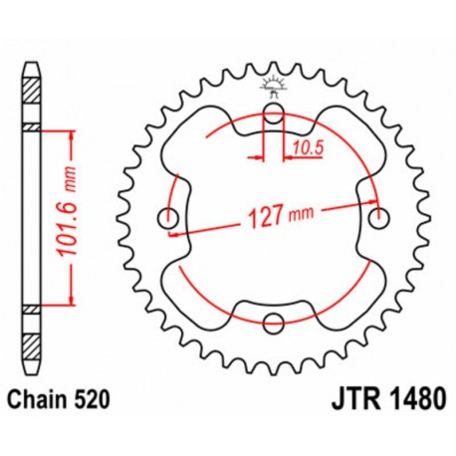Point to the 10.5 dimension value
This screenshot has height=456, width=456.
307,151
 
